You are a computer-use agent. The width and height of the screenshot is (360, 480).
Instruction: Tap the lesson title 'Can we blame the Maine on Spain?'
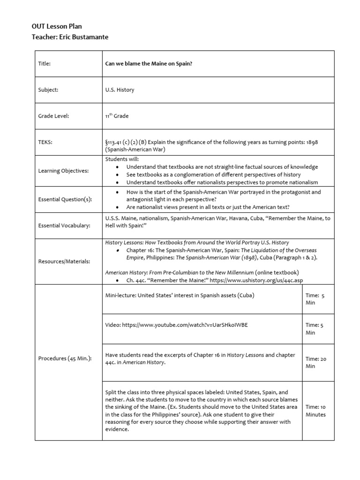[x=149, y=64]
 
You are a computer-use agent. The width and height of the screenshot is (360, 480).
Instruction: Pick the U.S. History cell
[x=120, y=90]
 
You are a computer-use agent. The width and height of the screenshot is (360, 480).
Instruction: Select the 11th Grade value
[x=117, y=116]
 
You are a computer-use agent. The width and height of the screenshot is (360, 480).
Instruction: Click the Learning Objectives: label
[x=63, y=171]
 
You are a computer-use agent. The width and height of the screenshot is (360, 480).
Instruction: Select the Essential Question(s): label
[x=65, y=199]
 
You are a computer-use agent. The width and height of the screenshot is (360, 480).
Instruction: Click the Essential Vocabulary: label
[x=65, y=225]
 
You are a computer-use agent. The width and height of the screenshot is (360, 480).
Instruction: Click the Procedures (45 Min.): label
[x=65, y=359]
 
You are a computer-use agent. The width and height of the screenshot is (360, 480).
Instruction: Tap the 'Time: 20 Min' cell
[x=316, y=362]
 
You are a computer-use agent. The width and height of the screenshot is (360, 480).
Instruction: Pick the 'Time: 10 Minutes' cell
[x=315, y=411]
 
